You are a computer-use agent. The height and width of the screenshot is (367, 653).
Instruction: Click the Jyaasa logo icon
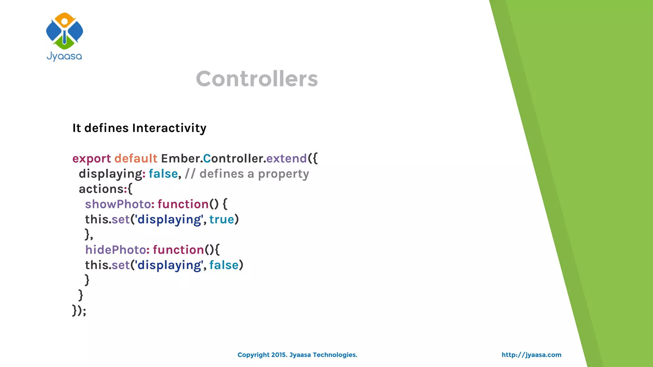64,31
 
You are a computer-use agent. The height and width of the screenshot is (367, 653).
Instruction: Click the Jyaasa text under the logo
64,56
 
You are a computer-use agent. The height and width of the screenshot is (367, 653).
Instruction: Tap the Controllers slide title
257,79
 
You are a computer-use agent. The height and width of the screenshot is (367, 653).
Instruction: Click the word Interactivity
169,128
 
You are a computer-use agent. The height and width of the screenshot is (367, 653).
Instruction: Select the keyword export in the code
92,159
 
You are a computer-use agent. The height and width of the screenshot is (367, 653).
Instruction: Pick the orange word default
136,158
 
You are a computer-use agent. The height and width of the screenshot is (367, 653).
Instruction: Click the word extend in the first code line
286,158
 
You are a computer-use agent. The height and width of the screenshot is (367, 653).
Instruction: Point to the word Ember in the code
180,158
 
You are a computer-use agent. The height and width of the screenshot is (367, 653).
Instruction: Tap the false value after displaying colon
163,174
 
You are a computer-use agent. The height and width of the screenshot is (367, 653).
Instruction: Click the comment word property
283,174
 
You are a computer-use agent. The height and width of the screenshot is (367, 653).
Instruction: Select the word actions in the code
101,189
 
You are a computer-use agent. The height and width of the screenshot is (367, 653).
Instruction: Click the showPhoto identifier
118,204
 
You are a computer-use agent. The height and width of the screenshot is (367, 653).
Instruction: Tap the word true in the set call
222,219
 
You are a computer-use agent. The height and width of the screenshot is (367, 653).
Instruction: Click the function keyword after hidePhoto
179,250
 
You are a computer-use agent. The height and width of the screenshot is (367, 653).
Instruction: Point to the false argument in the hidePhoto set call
224,265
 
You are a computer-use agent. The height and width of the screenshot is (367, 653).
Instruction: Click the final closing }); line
79,310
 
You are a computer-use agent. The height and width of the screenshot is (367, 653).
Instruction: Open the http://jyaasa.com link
531,355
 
